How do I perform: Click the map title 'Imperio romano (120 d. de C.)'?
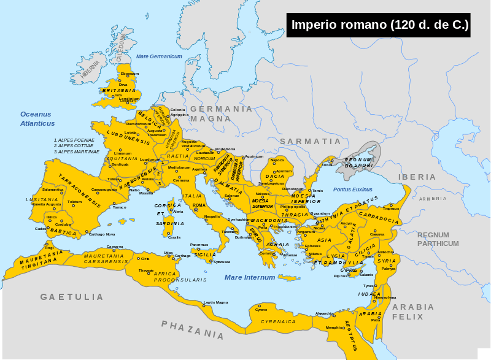[x=379, y=25]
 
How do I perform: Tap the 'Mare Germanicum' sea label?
[x=159, y=56]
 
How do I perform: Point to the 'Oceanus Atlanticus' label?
[x=37, y=118]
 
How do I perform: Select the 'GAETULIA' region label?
[x=72, y=297]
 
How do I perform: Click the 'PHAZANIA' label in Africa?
[x=193, y=329]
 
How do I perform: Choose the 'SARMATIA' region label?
[x=310, y=142]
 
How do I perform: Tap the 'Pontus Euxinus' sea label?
[x=353, y=190]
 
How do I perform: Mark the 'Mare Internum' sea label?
[x=250, y=277]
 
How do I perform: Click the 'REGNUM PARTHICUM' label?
[x=438, y=239]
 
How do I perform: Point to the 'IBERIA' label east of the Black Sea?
[x=417, y=177]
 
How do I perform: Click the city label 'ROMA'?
[x=199, y=205]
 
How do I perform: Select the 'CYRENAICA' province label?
[x=278, y=321]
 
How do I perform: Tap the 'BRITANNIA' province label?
[x=119, y=90]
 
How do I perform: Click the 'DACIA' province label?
[x=275, y=177]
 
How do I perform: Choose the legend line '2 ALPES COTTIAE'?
[x=76, y=145]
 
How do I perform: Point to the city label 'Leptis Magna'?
[x=216, y=302]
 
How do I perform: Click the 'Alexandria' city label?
[x=325, y=313]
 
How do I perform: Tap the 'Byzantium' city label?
[x=320, y=213]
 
